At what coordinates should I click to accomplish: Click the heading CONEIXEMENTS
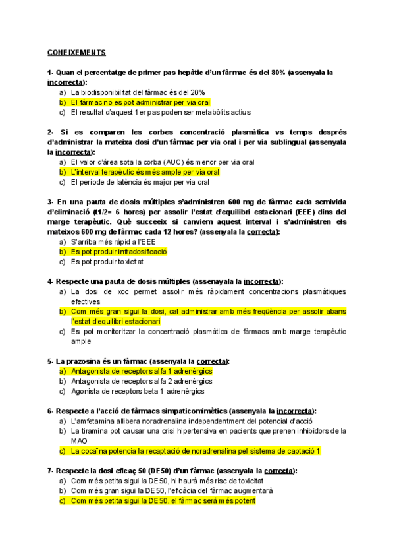[76, 52]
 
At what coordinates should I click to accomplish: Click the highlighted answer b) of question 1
[140, 103]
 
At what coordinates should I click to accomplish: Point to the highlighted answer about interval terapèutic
[145, 172]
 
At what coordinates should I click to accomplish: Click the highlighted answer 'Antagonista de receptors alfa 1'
[141, 371]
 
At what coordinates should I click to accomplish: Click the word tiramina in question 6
[97, 431]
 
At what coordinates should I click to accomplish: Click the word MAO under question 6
[78, 441]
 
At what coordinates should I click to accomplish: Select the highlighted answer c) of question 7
[163, 500]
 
